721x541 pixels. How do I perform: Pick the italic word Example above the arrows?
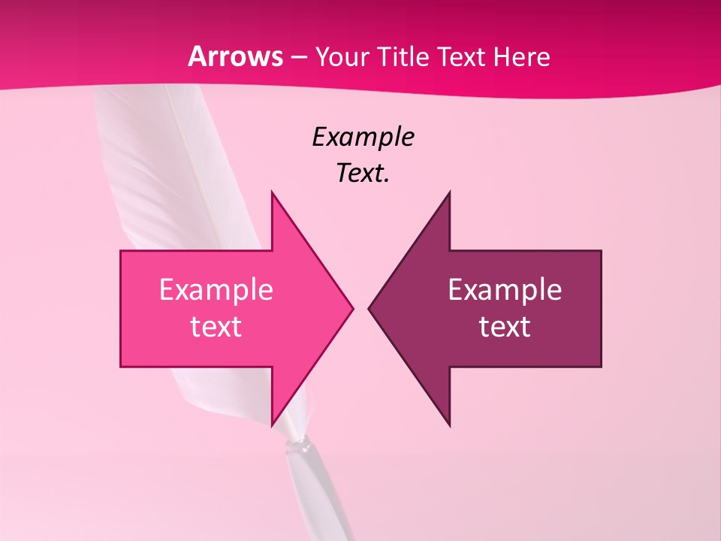point(363,137)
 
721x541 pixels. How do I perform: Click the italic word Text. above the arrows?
point(363,174)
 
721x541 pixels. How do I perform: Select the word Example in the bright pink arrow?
point(216,289)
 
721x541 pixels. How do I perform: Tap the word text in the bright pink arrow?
point(216,326)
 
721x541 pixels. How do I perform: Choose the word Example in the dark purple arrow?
point(505,289)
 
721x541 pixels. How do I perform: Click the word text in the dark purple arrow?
point(505,326)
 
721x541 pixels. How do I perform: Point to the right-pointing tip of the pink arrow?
point(352,308)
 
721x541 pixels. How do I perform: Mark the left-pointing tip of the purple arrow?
point(369,308)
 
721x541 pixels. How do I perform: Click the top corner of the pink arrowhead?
point(272,192)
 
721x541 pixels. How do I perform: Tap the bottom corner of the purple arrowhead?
point(449,426)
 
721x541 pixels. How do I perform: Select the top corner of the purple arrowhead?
point(449,192)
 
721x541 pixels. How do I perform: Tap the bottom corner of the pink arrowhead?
point(272,426)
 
